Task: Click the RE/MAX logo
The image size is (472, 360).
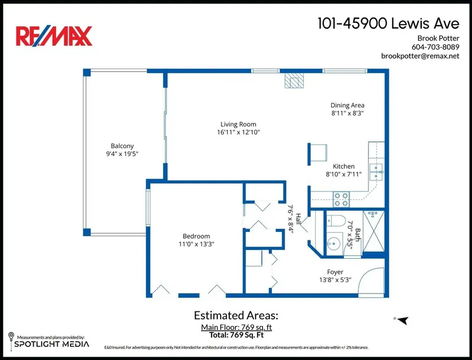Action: click(x=54, y=36)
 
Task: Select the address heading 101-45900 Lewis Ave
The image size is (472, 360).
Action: click(x=388, y=23)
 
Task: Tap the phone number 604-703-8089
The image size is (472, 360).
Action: click(x=435, y=47)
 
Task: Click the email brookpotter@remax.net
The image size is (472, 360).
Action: click(x=421, y=56)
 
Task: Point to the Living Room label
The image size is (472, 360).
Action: click(x=239, y=124)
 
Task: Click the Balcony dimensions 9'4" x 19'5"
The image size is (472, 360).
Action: click(x=122, y=154)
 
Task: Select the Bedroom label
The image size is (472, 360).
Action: click(x=196, y=236)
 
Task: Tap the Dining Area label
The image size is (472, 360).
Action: click(x=347, y=105)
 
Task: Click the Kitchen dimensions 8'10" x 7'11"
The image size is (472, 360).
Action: click(x=343, y=174)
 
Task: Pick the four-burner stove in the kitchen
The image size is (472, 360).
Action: click(x=342, y=199)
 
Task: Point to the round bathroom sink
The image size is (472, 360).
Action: click(x=334, y=242)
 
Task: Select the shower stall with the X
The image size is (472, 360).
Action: click(x=374, y=231)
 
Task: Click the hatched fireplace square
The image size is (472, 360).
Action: click(x=294, y=81)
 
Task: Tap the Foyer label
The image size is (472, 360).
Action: click(x=335, y=272)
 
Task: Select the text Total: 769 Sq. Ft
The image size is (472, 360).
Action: click(x=237, y=335)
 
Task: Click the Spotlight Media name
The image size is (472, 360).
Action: click(x=51, y=344)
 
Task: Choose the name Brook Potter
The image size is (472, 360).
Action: click(x=438, y=38)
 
